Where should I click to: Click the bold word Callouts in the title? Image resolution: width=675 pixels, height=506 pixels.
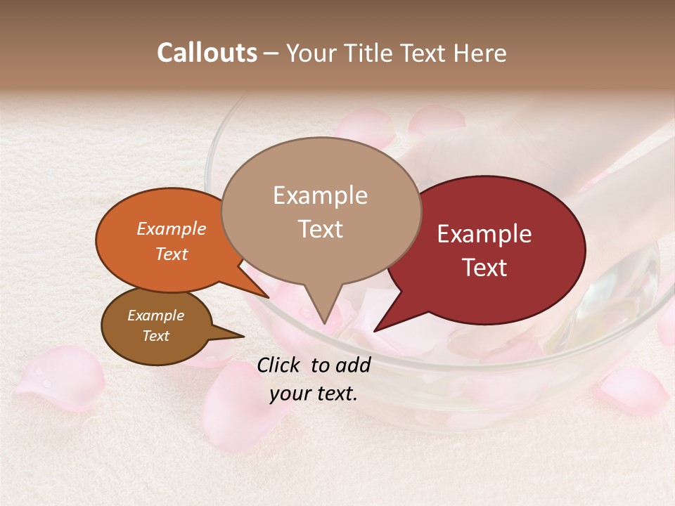(207, 53)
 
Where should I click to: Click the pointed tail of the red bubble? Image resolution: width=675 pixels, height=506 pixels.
(376, 330)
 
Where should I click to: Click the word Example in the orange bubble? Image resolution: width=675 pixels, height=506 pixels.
(172, 229)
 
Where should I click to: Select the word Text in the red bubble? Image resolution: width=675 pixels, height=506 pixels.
(485, 268)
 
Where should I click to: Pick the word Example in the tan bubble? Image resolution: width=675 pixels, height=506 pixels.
(321, 195)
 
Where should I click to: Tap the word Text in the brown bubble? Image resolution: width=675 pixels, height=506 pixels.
(156, 336)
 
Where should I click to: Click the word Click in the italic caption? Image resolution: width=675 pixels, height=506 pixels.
(280, 365)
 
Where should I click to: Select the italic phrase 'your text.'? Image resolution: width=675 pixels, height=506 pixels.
(314, 394)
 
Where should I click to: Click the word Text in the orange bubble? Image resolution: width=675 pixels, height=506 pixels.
(172, 254)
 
